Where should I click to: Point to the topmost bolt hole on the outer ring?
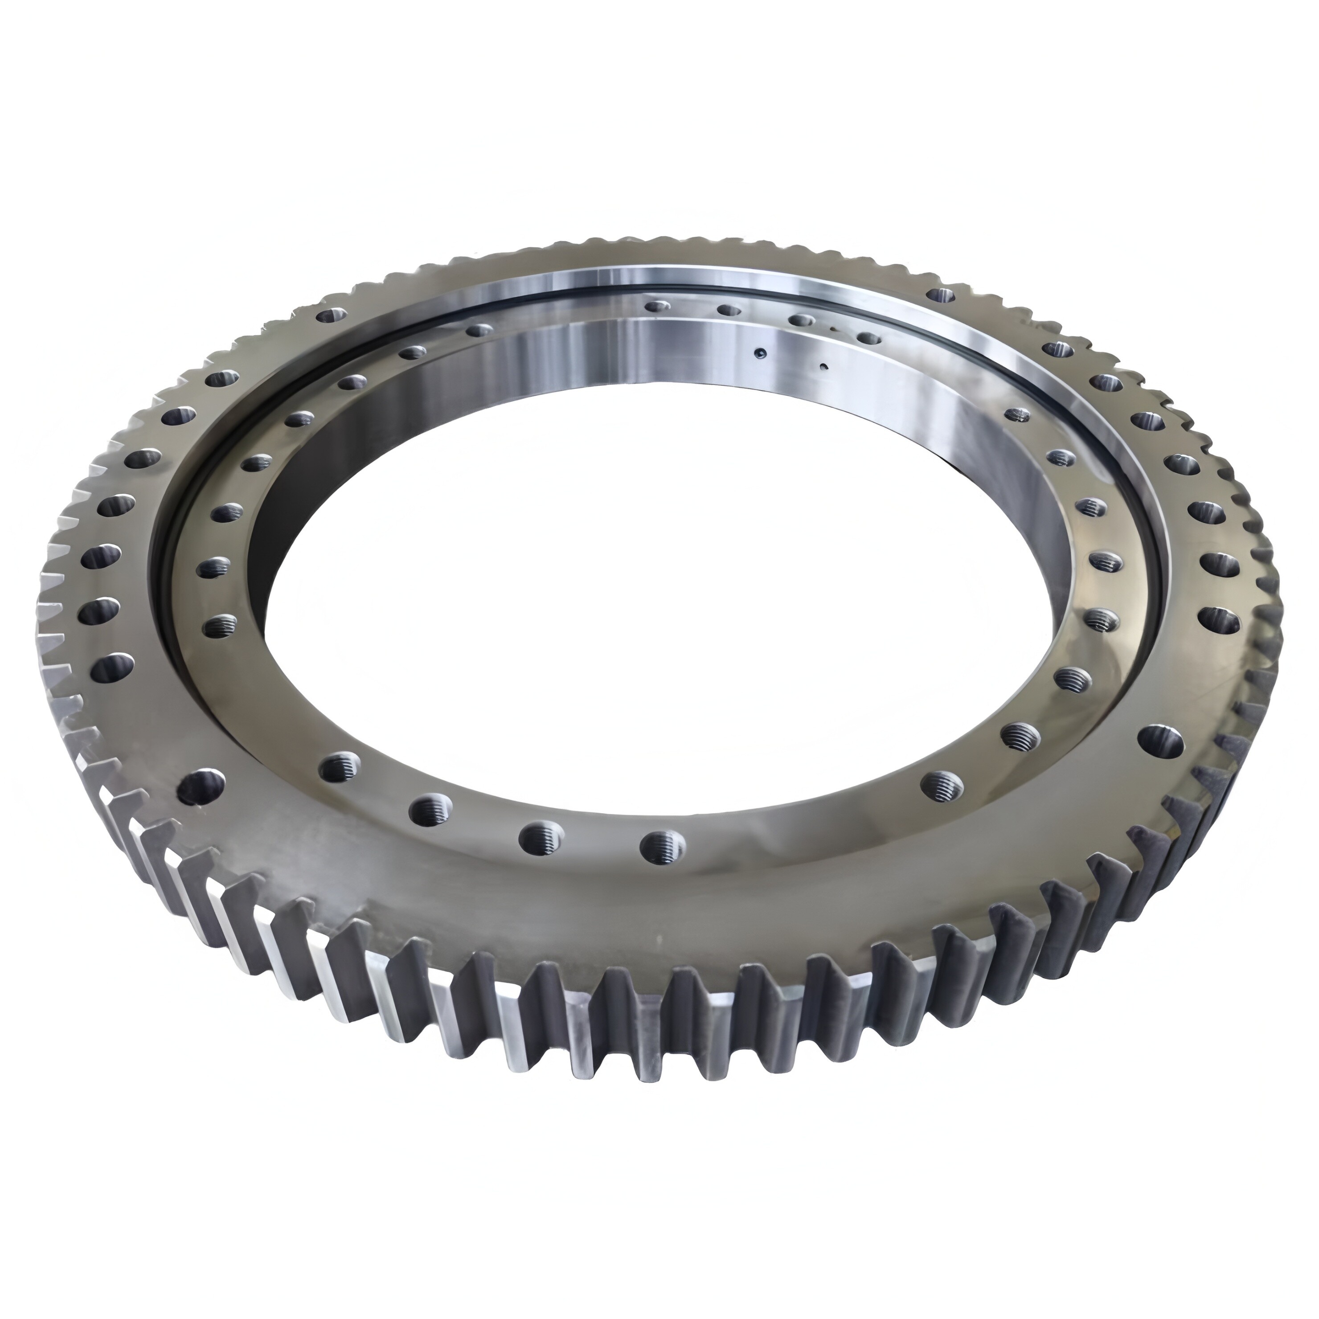tap(943, 295)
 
